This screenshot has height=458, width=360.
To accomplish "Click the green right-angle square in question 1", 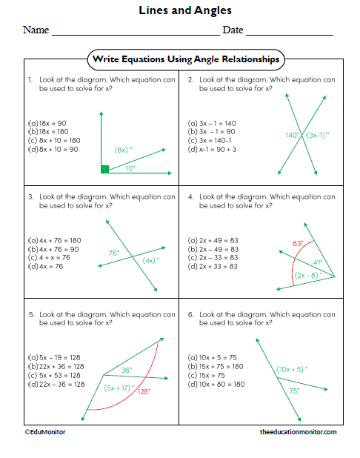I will point(105,169).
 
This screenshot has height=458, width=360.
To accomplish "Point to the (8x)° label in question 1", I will point(123,150).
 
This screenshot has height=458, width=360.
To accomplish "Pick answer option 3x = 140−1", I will point(213,140).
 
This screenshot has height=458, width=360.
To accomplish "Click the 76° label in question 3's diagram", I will point(113,252).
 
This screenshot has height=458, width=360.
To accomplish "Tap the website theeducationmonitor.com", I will point(299,431).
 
